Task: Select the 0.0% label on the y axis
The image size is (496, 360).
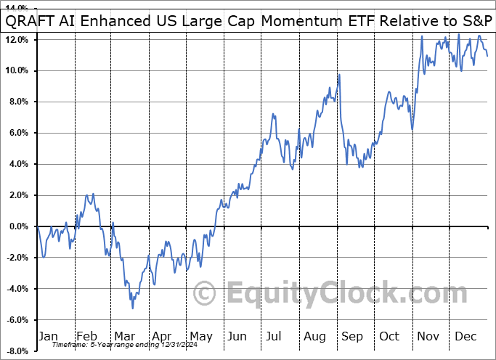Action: (18, 226)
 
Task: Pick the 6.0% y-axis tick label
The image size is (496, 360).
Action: (18, 133)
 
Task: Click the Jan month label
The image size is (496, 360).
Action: (47, 336)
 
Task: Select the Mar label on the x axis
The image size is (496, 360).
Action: (125, 336)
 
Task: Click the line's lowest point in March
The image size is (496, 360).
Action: (132, 308)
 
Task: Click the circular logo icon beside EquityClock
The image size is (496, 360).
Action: (206, 294)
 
